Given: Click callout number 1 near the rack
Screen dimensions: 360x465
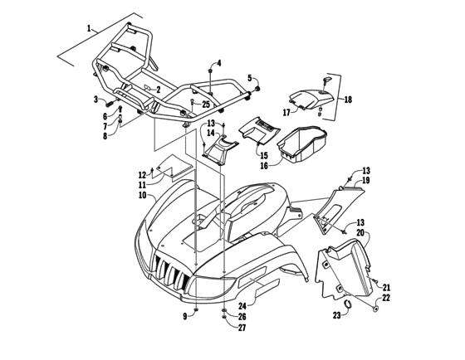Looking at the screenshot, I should (x=88, y=29).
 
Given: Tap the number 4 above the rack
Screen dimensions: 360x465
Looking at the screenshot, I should (x=219, y=63).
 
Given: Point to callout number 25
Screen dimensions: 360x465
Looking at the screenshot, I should (x=206, y=104).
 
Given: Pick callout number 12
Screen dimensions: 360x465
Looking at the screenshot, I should (x=142, y=175).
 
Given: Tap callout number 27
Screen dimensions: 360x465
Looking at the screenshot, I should (x=242, y=328).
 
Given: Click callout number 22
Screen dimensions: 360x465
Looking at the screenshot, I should (x=385, y=298).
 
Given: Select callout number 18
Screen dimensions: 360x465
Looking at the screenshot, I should (x=347, y=100).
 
